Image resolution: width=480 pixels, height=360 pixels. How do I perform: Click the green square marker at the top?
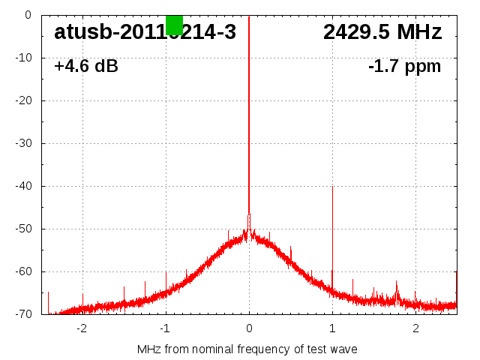(174, 25)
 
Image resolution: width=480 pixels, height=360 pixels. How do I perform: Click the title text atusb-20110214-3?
(145, 32)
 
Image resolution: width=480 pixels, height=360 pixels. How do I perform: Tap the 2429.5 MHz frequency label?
(382, 32)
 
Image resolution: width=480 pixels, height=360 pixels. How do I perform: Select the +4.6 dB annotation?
(86, 67)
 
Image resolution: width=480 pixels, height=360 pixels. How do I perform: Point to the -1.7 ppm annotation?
(404, 67)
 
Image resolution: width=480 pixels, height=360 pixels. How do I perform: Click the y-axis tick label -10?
(24, 58)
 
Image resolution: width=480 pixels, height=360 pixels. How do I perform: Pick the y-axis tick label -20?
(24, 100)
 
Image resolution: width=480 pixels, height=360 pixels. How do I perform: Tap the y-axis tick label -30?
(24, 143)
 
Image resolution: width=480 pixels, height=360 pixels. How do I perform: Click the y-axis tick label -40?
(24, 186)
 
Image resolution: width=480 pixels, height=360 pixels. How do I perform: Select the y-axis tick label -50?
(24, 229)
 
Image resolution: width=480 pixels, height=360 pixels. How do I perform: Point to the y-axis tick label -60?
(24, 271)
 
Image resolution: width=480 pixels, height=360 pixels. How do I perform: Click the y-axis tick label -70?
(24, 314)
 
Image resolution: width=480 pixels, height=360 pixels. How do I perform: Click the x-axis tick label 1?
(332, 328)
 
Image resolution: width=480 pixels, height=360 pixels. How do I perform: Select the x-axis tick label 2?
(415, 328)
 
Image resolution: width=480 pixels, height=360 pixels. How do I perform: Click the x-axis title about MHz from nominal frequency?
(247, 349)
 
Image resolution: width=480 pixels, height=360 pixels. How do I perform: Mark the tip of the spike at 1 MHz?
(332, 187)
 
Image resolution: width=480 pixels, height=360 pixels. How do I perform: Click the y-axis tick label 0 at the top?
(28, 15)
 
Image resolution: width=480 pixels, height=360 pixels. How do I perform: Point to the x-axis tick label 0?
(249, 328)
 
